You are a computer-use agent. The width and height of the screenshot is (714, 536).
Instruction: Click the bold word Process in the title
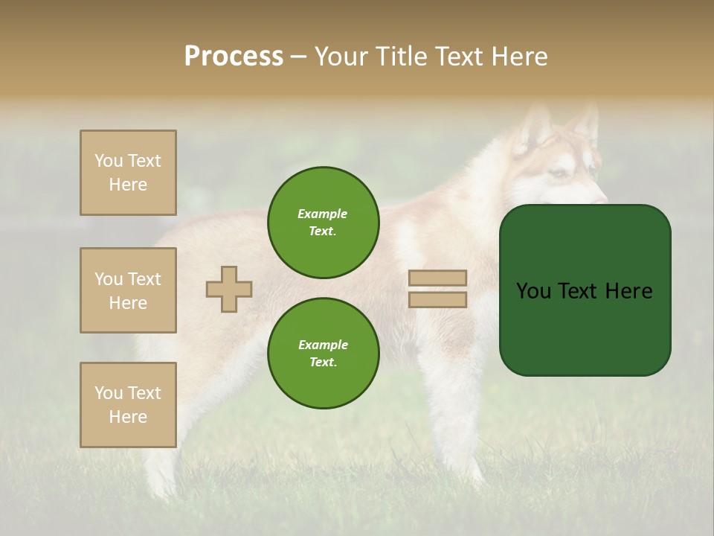click(x=234, y=57)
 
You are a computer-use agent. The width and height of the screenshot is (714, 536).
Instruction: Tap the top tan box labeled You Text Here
click(x=128, y=173)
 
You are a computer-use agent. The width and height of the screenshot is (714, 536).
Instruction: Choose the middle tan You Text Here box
click(x=128, y=290)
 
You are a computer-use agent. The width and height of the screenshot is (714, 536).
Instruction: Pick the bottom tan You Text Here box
click(x=128, y=405)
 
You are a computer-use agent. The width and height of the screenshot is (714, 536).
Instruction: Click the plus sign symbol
click(x=229, y=289)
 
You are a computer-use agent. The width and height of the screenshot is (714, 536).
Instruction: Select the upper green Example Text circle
click(x=323, y=222)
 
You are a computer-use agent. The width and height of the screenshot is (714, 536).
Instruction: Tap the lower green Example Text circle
click(x=323, y=353)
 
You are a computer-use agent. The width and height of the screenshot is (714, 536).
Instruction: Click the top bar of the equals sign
click(x=438, y=278)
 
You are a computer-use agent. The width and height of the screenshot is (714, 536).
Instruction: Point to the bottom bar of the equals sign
click(x=438, y=300)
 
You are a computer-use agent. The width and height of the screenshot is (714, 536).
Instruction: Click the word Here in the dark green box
click(x=628, y=291)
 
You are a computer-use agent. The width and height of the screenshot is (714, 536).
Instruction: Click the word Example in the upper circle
click(x=323, y=214)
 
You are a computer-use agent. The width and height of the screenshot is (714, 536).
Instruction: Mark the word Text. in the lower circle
click(x=323, y=362)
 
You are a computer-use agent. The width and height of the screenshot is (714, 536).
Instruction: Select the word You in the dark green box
click(x=533, y=291)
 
